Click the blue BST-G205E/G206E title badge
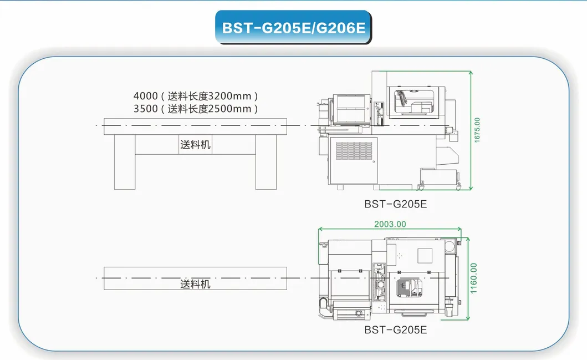(x=293, y=27)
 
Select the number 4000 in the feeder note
(x=145, y=96)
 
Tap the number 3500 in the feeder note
(x=145, y=109)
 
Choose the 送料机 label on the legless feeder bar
(x=195, y=284)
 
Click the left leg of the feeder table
(x=124, y=161)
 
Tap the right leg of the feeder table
(x=266, y=161)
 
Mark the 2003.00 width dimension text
(x=390, y=224)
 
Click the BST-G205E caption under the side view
(x=395, y=204)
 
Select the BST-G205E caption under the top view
(x=395, y=329)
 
